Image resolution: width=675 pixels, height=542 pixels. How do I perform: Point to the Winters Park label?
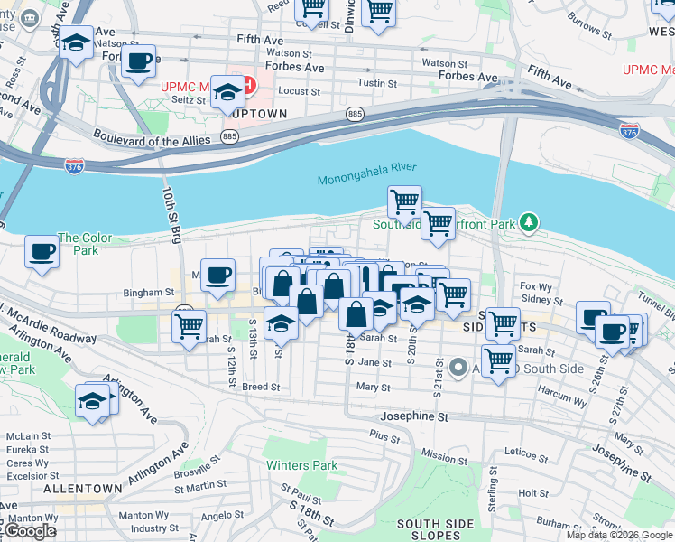pos(301,466)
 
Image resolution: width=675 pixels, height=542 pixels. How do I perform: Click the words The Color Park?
pos(85,244)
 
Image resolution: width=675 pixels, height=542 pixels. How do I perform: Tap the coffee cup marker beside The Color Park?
pos(42,251)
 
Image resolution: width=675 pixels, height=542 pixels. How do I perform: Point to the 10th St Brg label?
pos(169,214)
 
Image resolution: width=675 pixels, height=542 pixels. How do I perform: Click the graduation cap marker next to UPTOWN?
pos(228,91)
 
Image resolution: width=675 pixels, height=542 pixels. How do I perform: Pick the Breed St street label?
pos(261,386)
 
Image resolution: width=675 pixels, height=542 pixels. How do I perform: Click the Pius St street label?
pos(384,435)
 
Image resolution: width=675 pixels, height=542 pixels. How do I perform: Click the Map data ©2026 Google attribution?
pos(618,535)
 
